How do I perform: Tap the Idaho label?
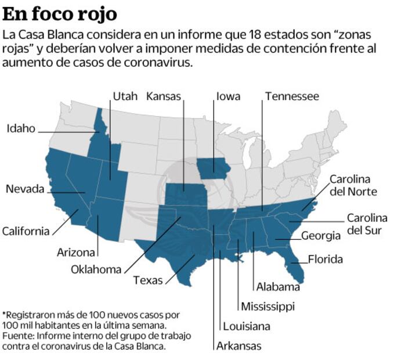click(x=21, y=128)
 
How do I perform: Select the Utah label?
click(x=125, y=96)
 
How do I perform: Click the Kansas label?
click(x=164, y=96)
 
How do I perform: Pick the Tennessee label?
click(x=292, y=96)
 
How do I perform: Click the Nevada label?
click(x=25, y=189)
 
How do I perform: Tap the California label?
click(x=26, y=231)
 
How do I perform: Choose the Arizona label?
click(x=76, y=253)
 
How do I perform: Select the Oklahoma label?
click(x=96, y=269)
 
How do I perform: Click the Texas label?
click(x=148, y=280)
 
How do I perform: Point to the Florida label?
click(x=325, y=260)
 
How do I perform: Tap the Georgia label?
click(x=320, y=236)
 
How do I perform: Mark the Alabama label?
click(x=278, y=287)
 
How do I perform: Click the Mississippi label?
click(x=268, y=307)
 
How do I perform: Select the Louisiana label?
click(x=247, y=326)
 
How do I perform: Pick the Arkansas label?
click(x=238, y=347)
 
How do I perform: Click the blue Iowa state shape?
click(x=214, y=169)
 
